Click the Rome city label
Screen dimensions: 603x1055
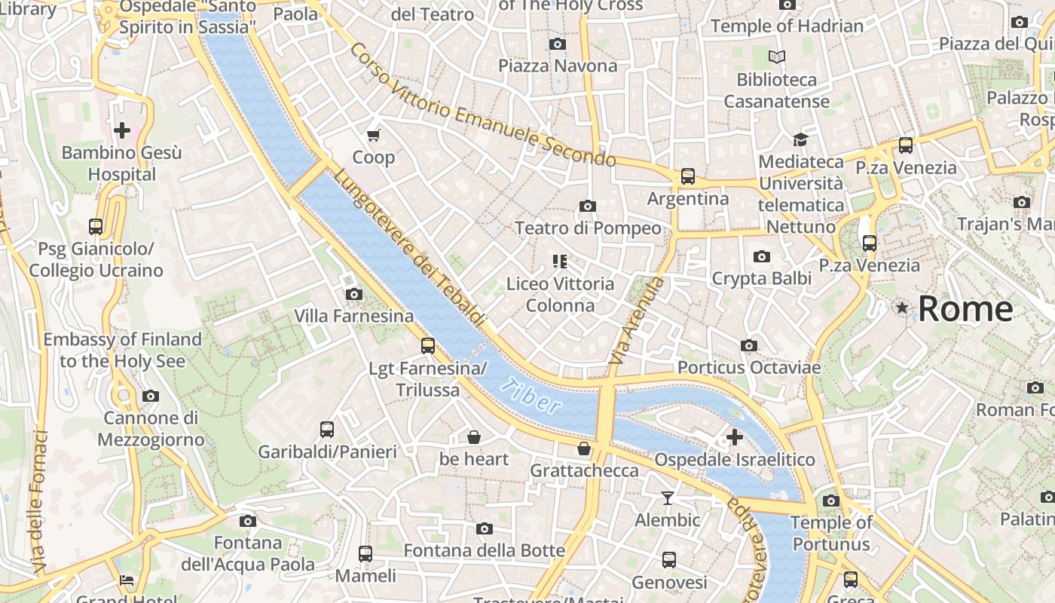tap(965, 309)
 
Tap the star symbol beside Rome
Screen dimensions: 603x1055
tap(902, 308)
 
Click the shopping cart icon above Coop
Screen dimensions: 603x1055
tap(373, 135)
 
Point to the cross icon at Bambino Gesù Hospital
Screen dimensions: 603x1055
tap(121, 130)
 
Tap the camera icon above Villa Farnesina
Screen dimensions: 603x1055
tap(353, 294)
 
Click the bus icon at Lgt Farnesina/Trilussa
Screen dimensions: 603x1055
tap(428, 346)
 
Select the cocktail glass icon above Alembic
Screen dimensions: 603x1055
tap(667, 497)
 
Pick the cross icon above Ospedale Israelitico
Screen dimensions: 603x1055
tap(734, 437)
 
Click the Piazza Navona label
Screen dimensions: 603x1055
tap(558, 66)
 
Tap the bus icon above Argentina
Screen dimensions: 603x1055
tap(688, 176)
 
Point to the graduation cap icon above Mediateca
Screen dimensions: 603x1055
tap(800, 139)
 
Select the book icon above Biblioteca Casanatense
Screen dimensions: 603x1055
tap(776, 57)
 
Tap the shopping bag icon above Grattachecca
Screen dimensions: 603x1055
tap(584, 448)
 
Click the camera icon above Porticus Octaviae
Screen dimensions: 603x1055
tap(748, 345)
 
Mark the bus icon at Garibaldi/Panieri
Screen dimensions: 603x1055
tap(327, 430)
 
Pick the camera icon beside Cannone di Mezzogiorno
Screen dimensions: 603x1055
tap(151, 396)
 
